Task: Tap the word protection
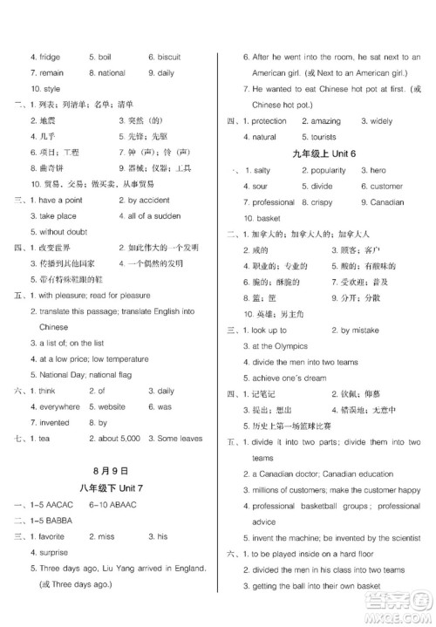[x=267, y=121]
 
